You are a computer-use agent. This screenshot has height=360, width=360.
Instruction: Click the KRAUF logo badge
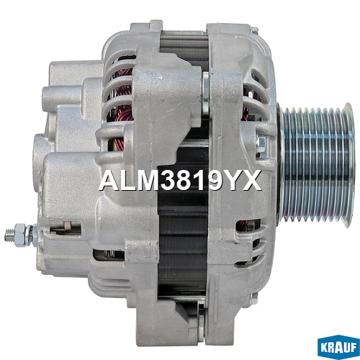point(338,347)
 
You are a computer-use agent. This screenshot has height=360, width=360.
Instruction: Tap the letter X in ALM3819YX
point(251,180)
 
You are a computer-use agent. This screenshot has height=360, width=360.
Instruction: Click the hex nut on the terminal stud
point(19,234)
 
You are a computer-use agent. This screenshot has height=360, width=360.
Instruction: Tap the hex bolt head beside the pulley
point(261,143)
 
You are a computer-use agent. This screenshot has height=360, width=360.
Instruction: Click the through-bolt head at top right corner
point(254,30)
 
